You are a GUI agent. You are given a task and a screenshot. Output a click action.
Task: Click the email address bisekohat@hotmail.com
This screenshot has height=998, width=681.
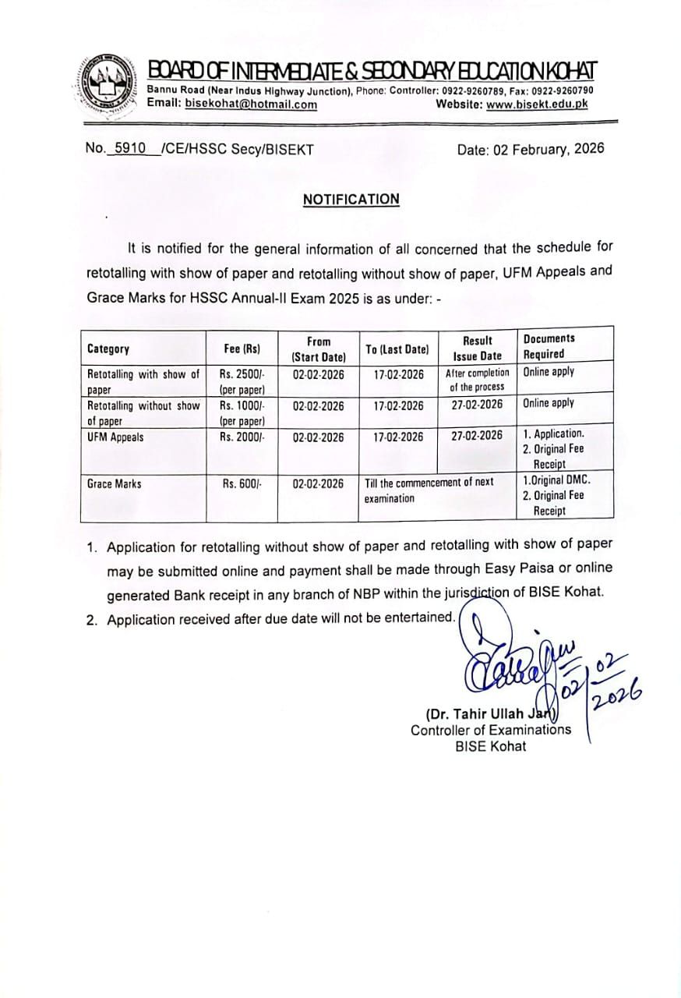pos(251,104)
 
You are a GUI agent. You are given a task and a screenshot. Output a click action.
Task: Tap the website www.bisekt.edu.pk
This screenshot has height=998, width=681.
pos(537,104)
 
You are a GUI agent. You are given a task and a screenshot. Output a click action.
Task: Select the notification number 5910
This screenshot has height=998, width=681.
pos(130,148)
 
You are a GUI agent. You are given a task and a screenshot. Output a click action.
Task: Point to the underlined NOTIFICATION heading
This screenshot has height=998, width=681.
pos(351,199)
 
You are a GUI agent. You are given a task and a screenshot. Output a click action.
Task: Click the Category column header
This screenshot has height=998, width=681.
pos(108,349)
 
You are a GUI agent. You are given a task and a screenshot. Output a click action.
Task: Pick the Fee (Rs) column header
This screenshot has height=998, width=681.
pos(242,349)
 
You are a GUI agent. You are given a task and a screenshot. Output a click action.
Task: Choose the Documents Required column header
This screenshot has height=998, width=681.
pos(549,346)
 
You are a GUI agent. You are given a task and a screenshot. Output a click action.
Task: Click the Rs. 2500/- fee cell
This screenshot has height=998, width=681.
pos(242,380)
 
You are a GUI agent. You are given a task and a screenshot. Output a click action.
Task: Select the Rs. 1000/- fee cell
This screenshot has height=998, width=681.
pos(242,412)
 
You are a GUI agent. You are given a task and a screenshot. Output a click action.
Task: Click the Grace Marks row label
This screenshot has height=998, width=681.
pos(114,484)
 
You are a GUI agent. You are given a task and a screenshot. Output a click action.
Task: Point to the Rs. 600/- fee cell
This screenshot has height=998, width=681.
pos(242,484)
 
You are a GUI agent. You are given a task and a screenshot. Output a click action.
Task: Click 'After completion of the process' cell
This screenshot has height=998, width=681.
pos(477,380)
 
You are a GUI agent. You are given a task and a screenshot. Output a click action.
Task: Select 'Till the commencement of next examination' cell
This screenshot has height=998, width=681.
pos(429,490)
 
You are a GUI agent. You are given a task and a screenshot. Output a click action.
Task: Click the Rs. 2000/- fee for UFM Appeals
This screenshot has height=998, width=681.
pos(242,437)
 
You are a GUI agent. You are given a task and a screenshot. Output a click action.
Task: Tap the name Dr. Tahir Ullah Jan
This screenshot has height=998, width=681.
pos(489,713)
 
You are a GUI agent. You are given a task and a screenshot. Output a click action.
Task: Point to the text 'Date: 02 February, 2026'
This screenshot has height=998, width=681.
pos(530,149)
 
